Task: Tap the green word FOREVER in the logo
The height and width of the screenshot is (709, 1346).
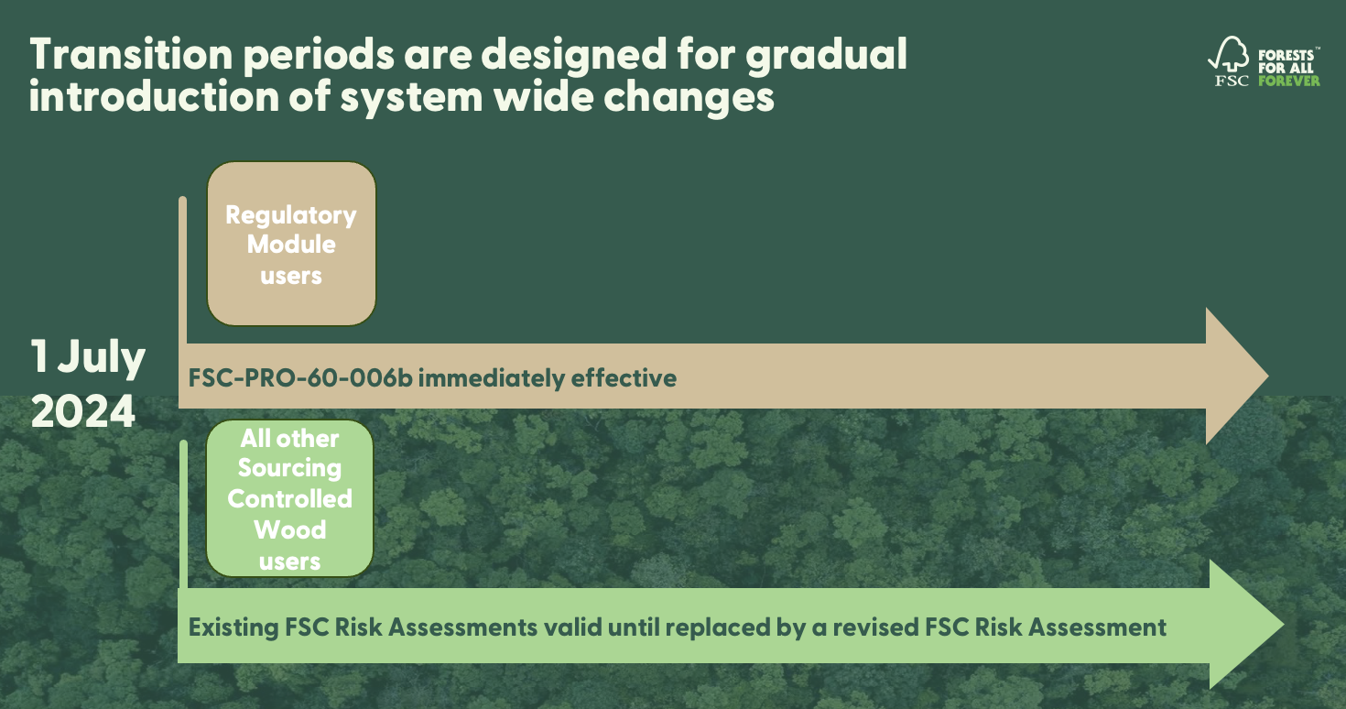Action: (1289, 81)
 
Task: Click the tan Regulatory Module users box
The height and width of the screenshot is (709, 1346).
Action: (291, 244)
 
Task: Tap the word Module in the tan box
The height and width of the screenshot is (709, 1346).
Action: (291, 245)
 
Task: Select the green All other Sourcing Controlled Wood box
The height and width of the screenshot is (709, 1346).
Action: (289, 498)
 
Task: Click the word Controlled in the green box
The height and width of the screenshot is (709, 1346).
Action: (289, 498)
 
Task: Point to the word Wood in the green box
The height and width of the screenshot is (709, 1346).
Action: (289, 529)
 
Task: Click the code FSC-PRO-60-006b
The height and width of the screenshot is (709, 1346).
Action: (301, 377)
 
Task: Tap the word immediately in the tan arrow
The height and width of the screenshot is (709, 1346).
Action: (491, 377)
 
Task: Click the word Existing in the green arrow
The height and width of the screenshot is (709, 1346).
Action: (233, 627)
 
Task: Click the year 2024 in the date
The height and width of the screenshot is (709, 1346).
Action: (83, 412)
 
